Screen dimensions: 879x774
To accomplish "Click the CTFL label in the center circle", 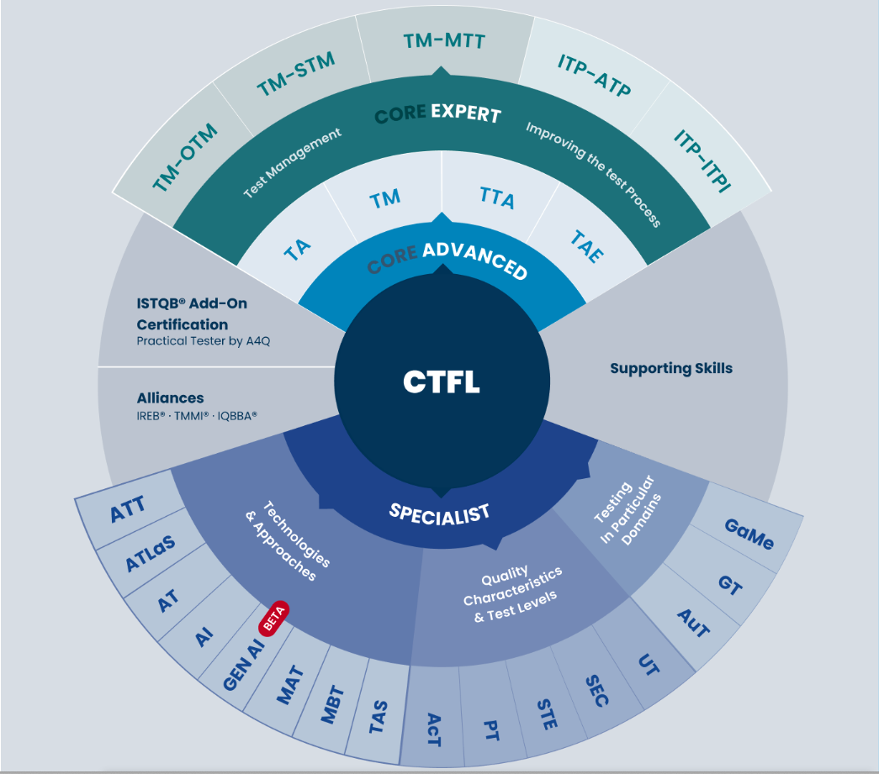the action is click(441, 382).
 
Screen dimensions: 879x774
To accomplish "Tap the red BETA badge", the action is click(274, 619).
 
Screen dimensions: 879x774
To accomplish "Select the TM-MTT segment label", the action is click(444, 41).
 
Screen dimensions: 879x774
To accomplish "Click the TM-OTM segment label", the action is click(184, 157).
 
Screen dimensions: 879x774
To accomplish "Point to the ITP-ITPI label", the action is click(703, 161).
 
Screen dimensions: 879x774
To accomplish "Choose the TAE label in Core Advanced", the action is click(587, 246).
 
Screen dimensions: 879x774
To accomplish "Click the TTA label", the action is click(496, 197).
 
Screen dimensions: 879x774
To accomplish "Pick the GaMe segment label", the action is click(749, 534).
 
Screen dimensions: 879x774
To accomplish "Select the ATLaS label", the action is click(150, 553).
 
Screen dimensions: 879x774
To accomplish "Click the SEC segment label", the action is click(596, 691).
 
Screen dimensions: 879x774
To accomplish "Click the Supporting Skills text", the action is click(671, 368).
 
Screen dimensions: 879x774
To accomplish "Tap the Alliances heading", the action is click(171, 398).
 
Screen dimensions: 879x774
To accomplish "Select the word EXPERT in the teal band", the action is click(466, 113).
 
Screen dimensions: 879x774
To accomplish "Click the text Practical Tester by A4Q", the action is click(204, 341).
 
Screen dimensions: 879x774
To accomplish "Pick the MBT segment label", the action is click(332, 704).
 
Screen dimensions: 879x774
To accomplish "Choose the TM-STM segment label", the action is click(295, 73).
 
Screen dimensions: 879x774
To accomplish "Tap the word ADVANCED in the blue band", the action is click(475, 260).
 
